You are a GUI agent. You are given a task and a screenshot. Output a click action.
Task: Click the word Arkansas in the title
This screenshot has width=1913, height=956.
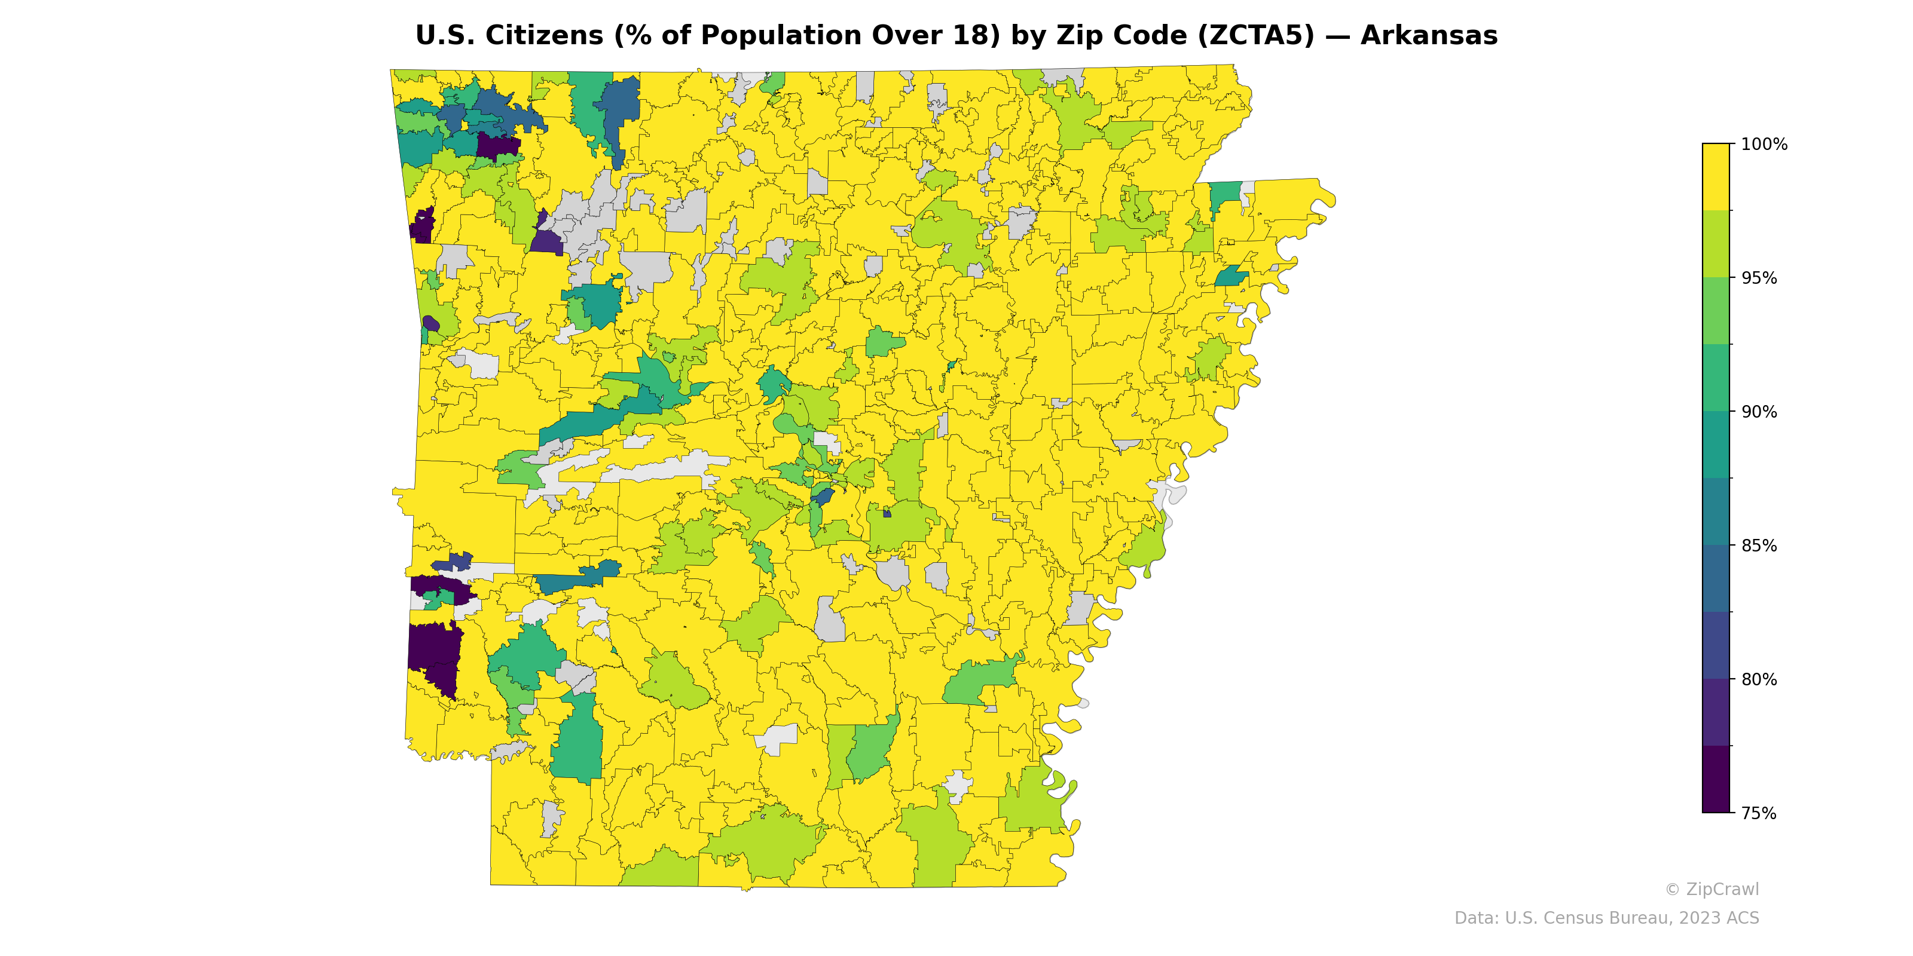click(x=1429, y=36)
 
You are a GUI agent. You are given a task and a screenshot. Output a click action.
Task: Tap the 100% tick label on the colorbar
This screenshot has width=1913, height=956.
click(x=1764, y=145)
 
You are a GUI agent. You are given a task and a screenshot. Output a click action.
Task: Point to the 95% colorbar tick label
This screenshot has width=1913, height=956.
click(x=1759, y=278)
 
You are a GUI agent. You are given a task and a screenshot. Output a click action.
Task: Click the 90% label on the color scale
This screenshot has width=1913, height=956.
click(x=1759, y=412)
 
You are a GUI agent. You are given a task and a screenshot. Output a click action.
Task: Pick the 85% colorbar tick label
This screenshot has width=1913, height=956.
click(x=1759, y=546)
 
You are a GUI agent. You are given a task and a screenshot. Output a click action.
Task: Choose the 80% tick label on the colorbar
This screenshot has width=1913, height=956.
click(x=1759, y=679)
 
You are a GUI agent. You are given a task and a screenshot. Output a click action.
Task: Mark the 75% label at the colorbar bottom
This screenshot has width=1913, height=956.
click(x=1759, y=813)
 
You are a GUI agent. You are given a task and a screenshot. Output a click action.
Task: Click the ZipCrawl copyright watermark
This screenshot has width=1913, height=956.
click(x=1711, y=889)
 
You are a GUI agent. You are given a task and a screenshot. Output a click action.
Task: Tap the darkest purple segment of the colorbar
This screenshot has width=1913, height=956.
click(x=1716, y=779)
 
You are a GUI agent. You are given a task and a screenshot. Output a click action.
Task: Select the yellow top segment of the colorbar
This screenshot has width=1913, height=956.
click(x=1716, y=177)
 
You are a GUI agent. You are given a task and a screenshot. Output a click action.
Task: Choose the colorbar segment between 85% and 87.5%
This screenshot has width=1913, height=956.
click(x=1716, y=511)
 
